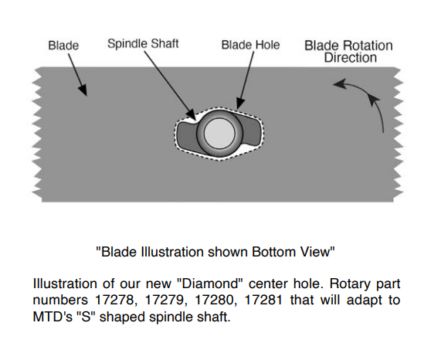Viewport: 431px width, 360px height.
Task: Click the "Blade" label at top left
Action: [x=63, y=46]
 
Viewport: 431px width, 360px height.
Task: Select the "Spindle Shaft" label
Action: [x=143, y=44]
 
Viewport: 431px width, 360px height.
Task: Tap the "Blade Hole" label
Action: [x=251, y=45]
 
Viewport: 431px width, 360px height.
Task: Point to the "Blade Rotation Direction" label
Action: [x=349, y=52]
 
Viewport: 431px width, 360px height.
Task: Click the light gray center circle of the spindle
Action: [x=219, y=134]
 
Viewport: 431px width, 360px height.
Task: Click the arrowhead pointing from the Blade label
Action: [x=83, y=90]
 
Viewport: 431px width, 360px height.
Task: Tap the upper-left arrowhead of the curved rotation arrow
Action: [x=338, y=83]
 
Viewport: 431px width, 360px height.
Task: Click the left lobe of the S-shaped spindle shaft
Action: [x=186, y=134]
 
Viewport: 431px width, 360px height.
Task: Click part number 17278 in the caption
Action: [x=114, y=300]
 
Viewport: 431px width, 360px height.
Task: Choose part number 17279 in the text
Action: [x=164, y=300]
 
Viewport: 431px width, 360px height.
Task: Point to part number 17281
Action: [x=263, y=300]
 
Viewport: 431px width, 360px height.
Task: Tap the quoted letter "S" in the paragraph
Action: [x=86, y=317]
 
